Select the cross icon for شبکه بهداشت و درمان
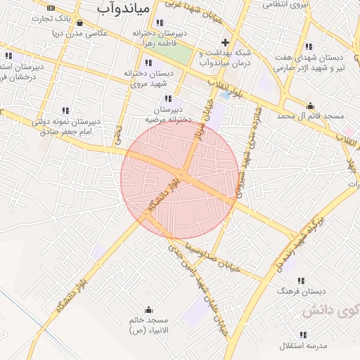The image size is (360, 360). point(225,41)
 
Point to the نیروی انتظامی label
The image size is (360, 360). point(285,6)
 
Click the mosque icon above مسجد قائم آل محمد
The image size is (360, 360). point(310,107)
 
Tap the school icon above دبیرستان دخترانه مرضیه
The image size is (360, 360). point(167,98)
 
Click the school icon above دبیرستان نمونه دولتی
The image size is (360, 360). point(65,110)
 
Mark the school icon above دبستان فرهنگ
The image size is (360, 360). point(302,280)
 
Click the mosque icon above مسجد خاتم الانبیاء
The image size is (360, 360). point(148,310)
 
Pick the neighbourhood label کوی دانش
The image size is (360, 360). point(330,311)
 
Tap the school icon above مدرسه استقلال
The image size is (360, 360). point(304,335)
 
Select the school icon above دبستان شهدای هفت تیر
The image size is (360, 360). point(309,46)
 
